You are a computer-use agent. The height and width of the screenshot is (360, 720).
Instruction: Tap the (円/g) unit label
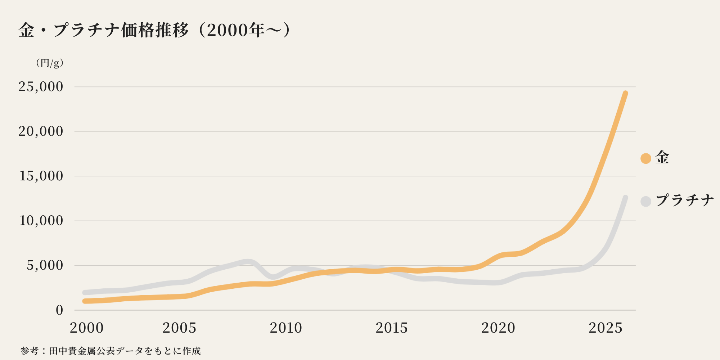tap(50, 63)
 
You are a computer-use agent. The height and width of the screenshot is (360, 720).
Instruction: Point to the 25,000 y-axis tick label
tap(41, 87)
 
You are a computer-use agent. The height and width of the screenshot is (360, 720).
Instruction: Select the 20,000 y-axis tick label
tap(41, 131)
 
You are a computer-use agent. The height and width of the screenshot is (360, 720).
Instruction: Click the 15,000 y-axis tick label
tap(41, 176)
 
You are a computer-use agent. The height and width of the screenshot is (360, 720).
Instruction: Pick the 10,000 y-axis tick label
tap(41, 221)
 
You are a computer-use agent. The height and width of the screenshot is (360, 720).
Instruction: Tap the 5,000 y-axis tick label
tap(45, 265)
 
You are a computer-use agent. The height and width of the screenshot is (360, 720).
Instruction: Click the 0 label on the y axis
tap(59, 310)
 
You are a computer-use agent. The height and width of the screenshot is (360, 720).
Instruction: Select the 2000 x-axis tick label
tap(86, 328)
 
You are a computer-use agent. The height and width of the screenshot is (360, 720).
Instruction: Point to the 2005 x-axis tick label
tap(179, 328)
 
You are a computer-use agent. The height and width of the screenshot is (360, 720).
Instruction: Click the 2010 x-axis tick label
tap(286, 328)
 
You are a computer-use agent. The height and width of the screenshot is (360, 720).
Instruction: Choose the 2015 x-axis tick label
tap(392, 328)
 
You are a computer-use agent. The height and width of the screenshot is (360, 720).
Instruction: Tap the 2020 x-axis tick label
tap(498, 328)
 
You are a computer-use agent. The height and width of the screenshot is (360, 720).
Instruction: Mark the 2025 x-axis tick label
tap(606, 328)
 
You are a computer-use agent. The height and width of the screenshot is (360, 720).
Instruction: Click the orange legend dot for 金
tap(646, 158)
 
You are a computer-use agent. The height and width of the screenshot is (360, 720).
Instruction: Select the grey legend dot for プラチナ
tap(646, 201)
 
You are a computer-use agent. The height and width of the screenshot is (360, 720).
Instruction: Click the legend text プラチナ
tap(684, 201)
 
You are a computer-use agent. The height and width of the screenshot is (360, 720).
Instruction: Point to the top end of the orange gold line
tap(625, 94)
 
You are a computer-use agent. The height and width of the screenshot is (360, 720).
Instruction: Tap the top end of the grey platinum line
tap(625, 198)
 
